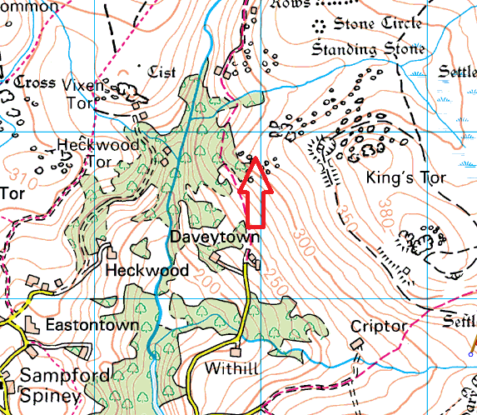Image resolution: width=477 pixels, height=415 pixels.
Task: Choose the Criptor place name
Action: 379,326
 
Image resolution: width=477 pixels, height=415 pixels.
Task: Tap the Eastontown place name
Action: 91,324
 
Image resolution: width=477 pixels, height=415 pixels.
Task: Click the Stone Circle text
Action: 378,24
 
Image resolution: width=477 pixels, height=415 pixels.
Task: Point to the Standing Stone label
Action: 368,49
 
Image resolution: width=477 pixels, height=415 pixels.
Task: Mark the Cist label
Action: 161,72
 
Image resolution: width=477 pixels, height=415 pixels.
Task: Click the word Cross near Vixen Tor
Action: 34,82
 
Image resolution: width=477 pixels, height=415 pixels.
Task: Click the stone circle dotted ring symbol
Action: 319,26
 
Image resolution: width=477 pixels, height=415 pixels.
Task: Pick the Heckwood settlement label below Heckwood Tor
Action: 147,271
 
